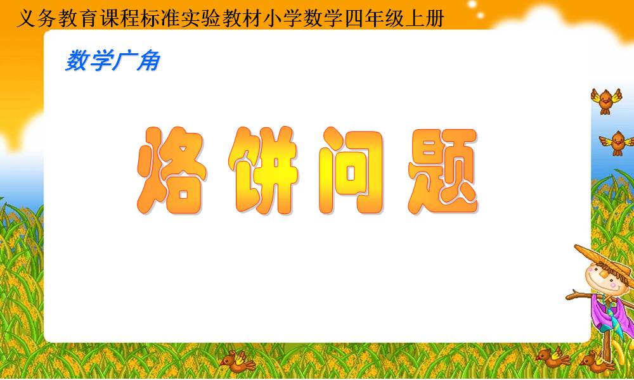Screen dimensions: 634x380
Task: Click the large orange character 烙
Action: tap(172, 170)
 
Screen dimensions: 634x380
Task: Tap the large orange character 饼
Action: tap(264, 170)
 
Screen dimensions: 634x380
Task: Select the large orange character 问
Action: tap(351, 170)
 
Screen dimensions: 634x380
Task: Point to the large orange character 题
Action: tap(443, 171)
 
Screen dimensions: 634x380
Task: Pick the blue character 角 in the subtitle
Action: tap(148, 61)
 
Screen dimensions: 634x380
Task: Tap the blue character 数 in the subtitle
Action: tap(77, 61)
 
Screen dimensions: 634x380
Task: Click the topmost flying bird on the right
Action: tap(605, 101)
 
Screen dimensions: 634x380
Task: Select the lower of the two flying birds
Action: tap(617, 143)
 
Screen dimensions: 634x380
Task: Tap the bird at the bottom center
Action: tap(237, 360)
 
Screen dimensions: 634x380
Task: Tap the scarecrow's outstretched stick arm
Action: tap(579, 294)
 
